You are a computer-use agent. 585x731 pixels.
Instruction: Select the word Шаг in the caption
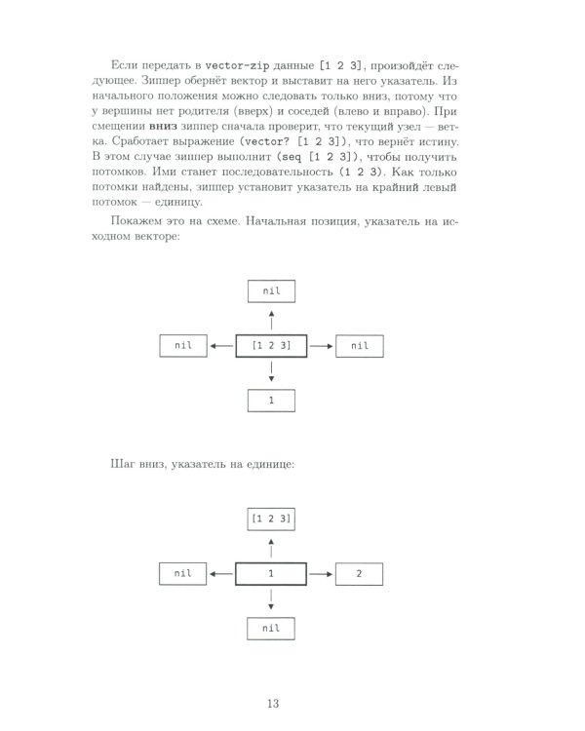(x=126, y=464)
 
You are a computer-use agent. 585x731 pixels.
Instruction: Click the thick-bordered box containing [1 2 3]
(x=271, y=345)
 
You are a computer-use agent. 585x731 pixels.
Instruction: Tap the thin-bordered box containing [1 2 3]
(x=271, y=519)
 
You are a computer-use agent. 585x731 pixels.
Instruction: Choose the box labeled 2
(x=360, y=575)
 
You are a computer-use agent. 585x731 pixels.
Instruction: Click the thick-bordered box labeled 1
(x=271, y=575)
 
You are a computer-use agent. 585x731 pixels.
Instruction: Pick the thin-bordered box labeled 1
(x=271, y=400)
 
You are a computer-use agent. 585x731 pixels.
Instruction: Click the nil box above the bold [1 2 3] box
(x=271, y=290)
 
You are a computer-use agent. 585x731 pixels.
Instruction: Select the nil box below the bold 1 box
(x=271, y=630)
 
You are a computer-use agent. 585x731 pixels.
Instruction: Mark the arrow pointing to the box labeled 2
(x=320, y=575)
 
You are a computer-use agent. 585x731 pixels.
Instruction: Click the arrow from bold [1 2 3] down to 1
(x=271, y=371)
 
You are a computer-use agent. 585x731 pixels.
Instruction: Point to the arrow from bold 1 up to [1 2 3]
(x=271, y=547)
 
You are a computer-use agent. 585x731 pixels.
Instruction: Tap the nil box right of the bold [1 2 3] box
(x=360, y=345)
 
